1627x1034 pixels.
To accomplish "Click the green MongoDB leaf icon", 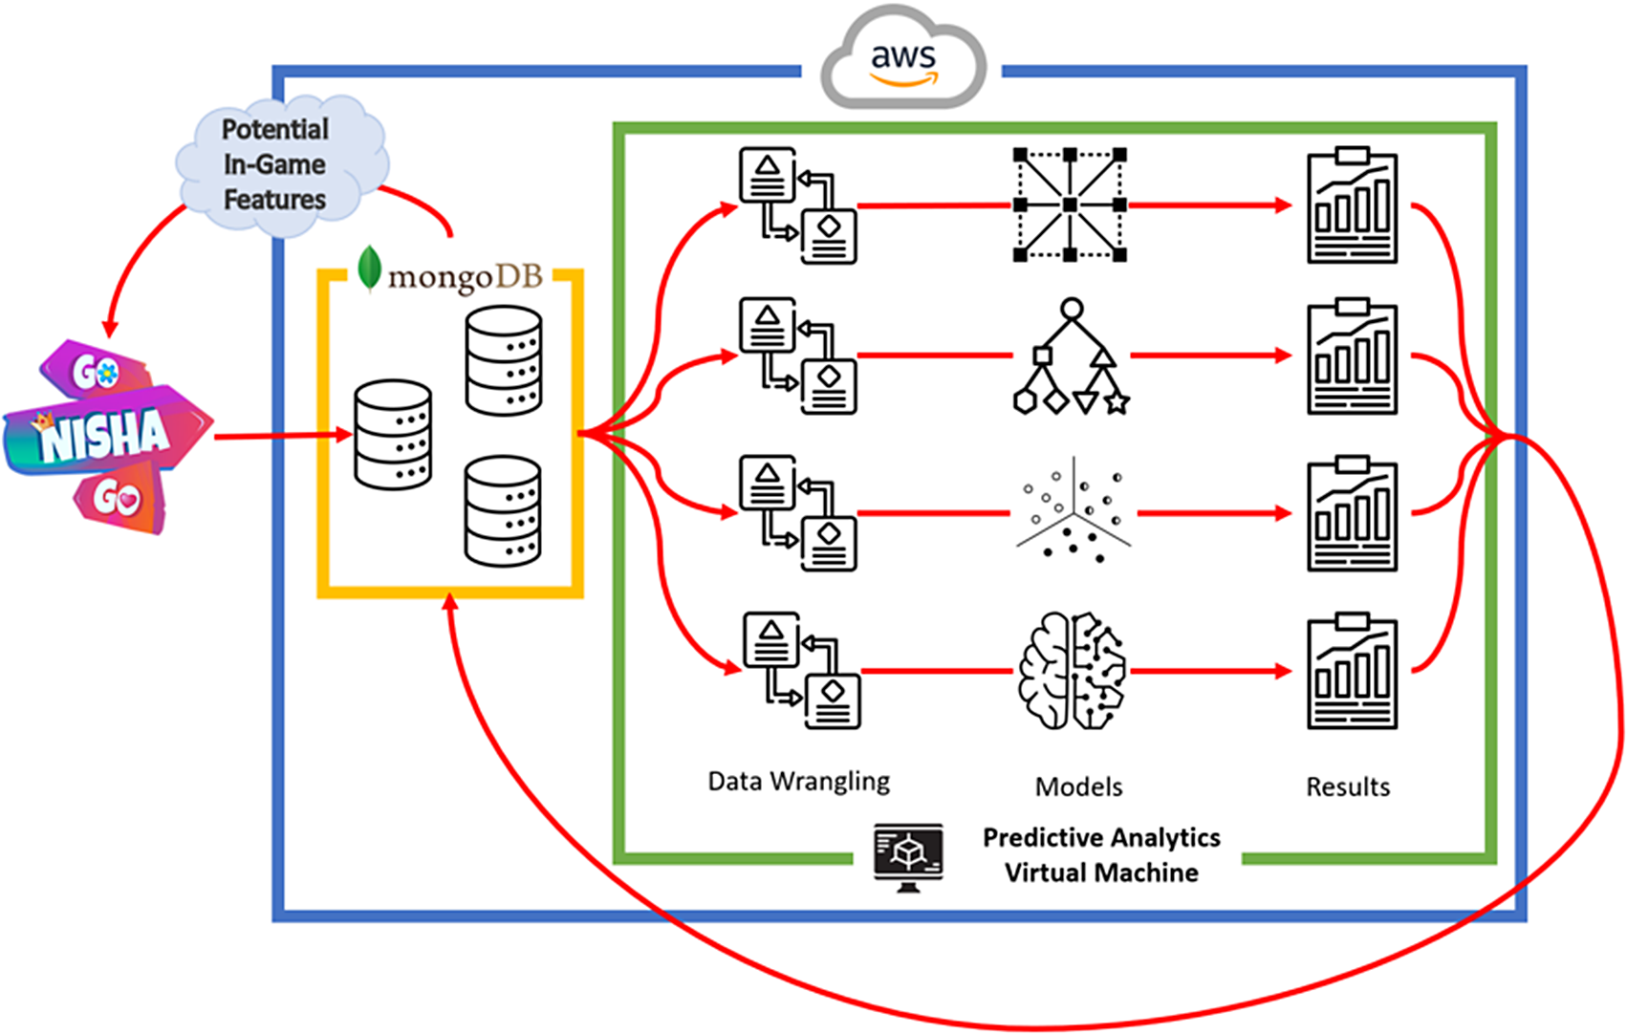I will point(369,269).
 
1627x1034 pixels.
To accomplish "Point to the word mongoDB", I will point(466,277).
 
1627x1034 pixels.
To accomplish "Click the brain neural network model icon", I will point(1072,671).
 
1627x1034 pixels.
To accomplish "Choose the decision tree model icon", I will point(1072,356).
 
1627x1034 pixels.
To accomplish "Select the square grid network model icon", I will point(1070,205).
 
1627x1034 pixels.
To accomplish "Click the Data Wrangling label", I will point(798,782).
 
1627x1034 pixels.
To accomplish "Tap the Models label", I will point(1078,786).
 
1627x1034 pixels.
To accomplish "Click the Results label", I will point(1348,786).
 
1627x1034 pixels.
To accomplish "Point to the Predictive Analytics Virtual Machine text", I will point(1101,855).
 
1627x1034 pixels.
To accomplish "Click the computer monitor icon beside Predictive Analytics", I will point(908,856).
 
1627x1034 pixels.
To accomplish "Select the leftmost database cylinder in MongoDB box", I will point(393,435).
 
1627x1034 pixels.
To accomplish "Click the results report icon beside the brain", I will point(1352,671).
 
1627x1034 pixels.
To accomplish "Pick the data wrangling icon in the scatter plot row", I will point(798,513).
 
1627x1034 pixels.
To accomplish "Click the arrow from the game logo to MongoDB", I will point(282,436).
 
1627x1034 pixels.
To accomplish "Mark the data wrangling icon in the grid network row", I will point(798,205).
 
